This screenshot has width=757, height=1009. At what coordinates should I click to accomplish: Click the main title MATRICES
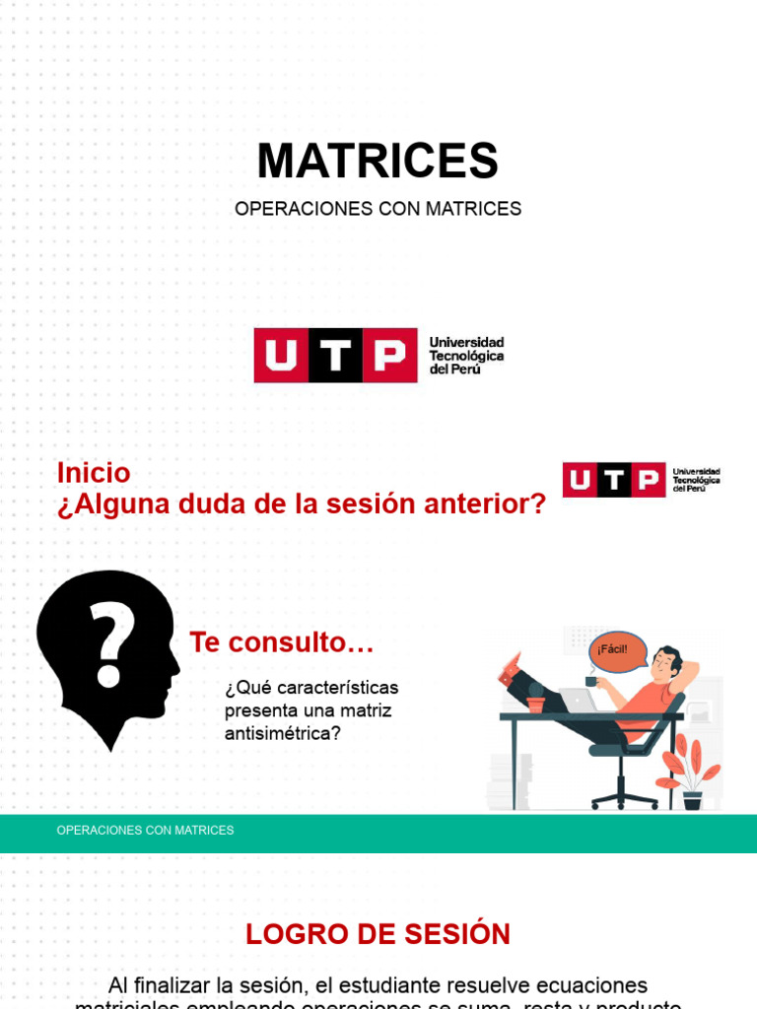coord(378,161)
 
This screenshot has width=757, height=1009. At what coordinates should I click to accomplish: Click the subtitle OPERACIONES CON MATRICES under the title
coord(378,209)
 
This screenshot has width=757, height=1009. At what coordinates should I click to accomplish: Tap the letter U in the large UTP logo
coord(281,356)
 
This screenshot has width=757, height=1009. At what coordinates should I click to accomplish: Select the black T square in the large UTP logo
coord(335,356)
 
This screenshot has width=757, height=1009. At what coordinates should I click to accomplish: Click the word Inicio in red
coord(94,473)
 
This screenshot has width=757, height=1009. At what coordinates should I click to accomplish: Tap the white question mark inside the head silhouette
coord(110,645)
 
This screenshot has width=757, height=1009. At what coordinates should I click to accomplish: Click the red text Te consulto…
coord(282,642)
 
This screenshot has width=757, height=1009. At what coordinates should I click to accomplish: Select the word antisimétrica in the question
coord(283,733)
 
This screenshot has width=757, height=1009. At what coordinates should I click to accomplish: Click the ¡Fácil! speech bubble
coord(617,650)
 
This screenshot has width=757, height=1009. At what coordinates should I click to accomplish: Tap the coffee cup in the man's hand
coord(591,681)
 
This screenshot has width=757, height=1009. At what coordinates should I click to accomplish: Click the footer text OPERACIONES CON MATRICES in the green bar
coord(145,831)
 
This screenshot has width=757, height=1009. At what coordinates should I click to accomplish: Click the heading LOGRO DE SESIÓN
coord(378,934)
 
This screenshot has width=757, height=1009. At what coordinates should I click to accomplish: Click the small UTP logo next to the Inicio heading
coord(641,480)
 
